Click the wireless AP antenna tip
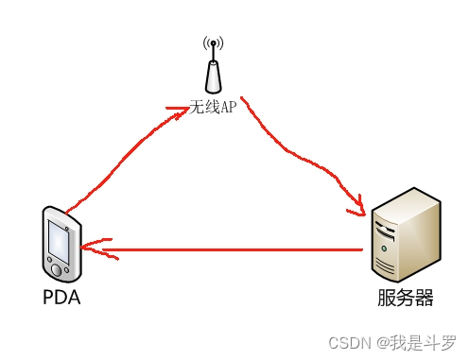pyautogui.click(x=213, y=43)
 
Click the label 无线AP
pyautogui.click(x=213, y=108)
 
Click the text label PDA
pyautogui.click(x=61, y=298)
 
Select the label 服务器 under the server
pyautogui.click(x=405, y=299)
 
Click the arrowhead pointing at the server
pyautogui.click(x=360, y=202)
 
